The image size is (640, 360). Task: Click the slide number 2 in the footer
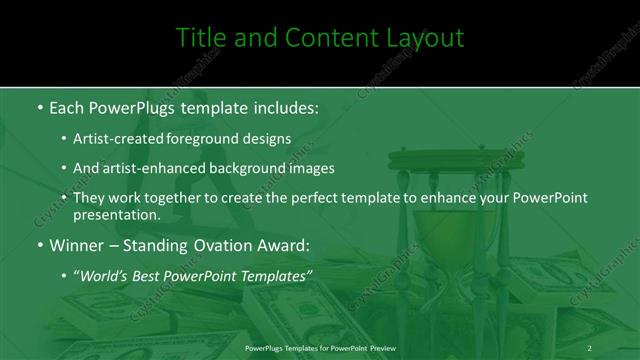point(590,347)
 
